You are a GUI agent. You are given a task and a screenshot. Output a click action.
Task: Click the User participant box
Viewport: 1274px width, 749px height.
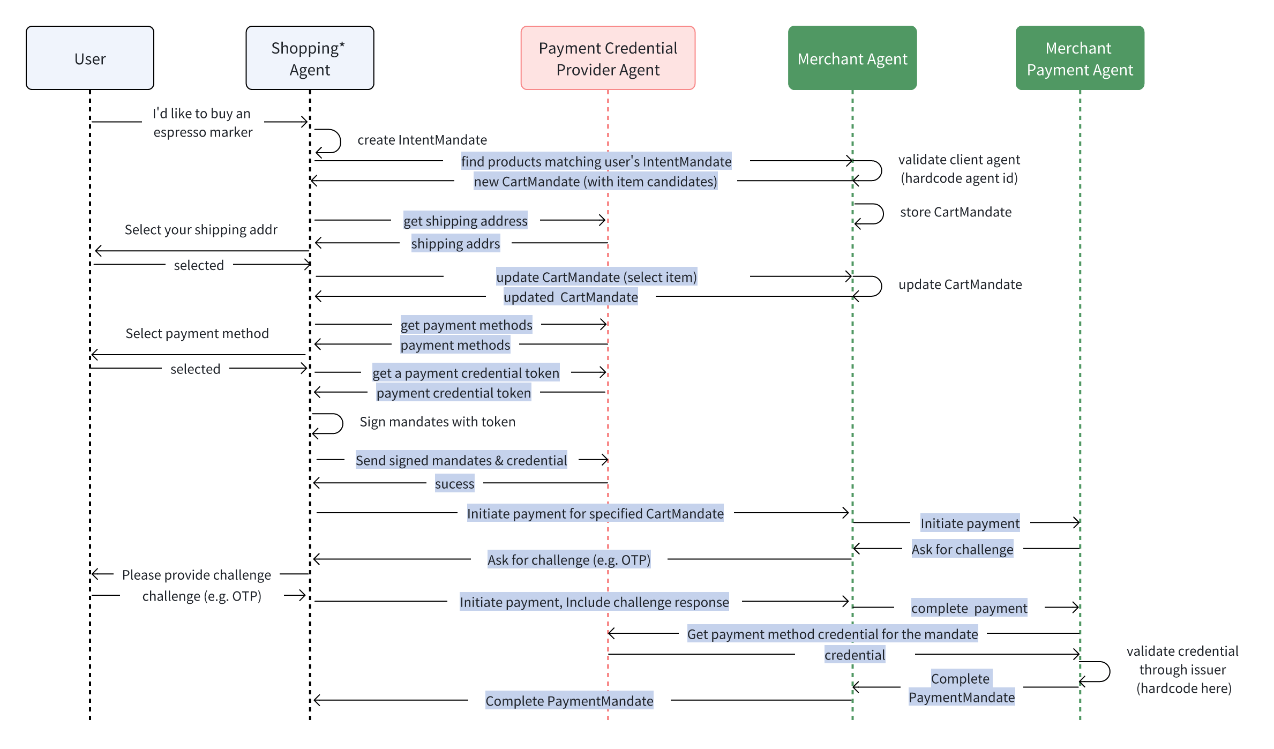pos(90,58)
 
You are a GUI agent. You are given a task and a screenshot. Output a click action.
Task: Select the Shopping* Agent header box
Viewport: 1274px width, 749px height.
pos(310,58)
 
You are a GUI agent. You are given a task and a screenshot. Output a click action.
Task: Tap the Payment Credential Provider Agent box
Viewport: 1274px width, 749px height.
pos(608,58)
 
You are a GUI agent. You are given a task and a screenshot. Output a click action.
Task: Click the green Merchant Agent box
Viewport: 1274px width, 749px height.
pos(852,58)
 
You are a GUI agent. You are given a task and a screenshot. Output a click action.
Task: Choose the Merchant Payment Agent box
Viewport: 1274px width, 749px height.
pos(1080,58)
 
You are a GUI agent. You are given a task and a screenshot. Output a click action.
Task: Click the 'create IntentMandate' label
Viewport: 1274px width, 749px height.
pos(422,140)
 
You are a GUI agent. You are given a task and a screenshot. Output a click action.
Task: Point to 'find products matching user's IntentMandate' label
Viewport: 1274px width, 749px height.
pos(596,161)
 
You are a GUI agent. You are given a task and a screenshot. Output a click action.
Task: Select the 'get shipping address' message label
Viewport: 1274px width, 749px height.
pos(465,221)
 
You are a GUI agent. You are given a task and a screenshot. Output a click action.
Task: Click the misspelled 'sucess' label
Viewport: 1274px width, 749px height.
pos(454,484)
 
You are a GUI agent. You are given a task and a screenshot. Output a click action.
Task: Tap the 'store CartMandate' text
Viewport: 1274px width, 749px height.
pos(956,212)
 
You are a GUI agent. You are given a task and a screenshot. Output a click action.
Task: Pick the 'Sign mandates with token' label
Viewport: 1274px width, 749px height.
pos(437,422)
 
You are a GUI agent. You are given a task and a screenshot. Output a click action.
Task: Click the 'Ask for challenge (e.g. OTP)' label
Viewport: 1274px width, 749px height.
pos(568,560)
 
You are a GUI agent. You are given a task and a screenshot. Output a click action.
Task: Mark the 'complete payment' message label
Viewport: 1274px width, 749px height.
pos(969,608)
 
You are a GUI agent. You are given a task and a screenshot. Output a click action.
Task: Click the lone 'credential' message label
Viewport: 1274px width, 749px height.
pos(855,655)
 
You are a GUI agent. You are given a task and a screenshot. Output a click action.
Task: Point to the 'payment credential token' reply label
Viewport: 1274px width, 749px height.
pos(453,393)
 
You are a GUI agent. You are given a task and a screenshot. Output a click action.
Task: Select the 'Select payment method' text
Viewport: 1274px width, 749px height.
pos(197,333)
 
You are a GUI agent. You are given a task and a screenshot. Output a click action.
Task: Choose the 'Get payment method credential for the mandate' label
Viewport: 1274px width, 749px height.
pos(832,634)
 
